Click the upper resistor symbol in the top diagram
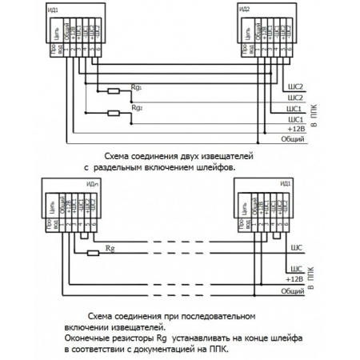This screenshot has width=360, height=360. [114, 90]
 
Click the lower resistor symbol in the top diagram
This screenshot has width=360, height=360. [114, 111]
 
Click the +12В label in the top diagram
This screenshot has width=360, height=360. [295, 128]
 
